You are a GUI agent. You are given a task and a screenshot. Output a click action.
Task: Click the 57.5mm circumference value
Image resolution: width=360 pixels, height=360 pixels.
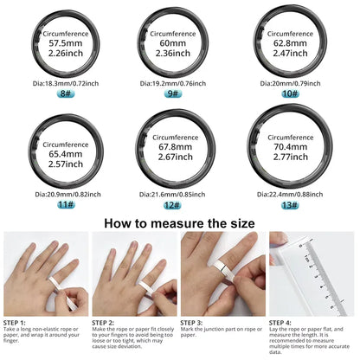coord(63,42)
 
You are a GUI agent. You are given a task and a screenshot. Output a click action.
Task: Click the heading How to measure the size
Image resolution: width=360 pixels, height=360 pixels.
coord(179,222)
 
